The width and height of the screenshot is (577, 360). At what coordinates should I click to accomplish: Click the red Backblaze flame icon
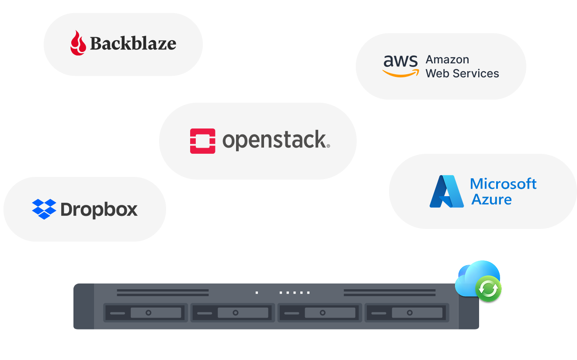(78, 43)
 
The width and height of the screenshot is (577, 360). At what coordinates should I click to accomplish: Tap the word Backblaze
(133, 43)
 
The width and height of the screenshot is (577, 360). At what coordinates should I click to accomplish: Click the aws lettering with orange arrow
(400, 66)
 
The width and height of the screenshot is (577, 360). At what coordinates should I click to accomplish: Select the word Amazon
(447, 59)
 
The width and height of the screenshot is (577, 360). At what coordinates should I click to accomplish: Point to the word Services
(476, 73)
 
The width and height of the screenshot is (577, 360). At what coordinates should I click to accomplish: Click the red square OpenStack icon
(202, 141)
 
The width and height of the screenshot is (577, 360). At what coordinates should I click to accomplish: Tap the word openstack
(276, 140)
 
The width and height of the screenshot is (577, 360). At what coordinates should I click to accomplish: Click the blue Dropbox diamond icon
(44, 209)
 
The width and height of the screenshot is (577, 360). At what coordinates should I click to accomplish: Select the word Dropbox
(99, 210)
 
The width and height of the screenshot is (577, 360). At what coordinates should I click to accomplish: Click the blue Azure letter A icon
(446, 191)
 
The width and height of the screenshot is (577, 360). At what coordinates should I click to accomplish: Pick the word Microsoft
(503, 184)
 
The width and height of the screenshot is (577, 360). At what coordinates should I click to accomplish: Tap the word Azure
(491, 200)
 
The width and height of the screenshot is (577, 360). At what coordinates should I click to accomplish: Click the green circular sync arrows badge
(488, 289)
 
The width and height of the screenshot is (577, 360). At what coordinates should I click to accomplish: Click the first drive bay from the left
(145, 313)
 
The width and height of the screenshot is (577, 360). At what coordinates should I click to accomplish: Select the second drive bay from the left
(233, 313)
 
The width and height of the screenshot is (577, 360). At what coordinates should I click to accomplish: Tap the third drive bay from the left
(320, 313)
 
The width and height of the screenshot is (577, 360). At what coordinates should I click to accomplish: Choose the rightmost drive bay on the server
(407, 313)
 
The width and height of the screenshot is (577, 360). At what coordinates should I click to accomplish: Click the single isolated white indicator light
(257, 293)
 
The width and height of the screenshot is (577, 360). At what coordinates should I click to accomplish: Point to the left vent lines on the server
(163, 293)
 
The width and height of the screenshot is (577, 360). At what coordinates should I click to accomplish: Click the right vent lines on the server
(389, 293)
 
